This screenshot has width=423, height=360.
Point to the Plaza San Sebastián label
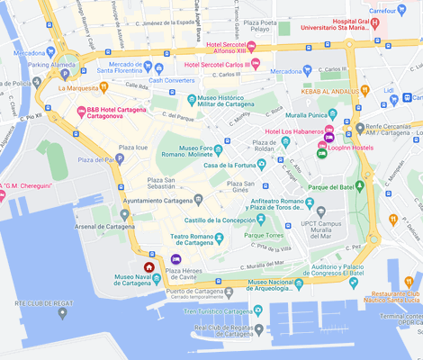click(x=155, y=184)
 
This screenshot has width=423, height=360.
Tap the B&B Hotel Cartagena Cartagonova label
click(x=117, y=112)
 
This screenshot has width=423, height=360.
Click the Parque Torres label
click(x=264, y=236)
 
